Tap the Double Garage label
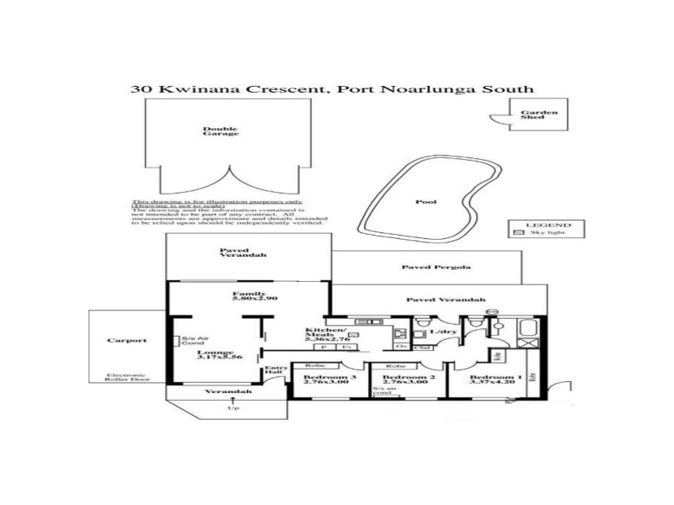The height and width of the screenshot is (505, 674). click(x=221, y=131)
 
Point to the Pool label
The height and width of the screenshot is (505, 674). click(x=426, y=202)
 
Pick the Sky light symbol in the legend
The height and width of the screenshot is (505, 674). click(x=517, y=233)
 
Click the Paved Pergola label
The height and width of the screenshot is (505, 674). click(x=436, y=267)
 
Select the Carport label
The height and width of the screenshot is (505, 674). click(x=126, y=341)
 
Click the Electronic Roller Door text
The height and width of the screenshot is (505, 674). click(x=127, y=378)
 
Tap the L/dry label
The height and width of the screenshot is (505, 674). click(x=438, y=333)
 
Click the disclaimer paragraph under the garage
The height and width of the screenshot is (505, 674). click(x=228, y=214)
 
